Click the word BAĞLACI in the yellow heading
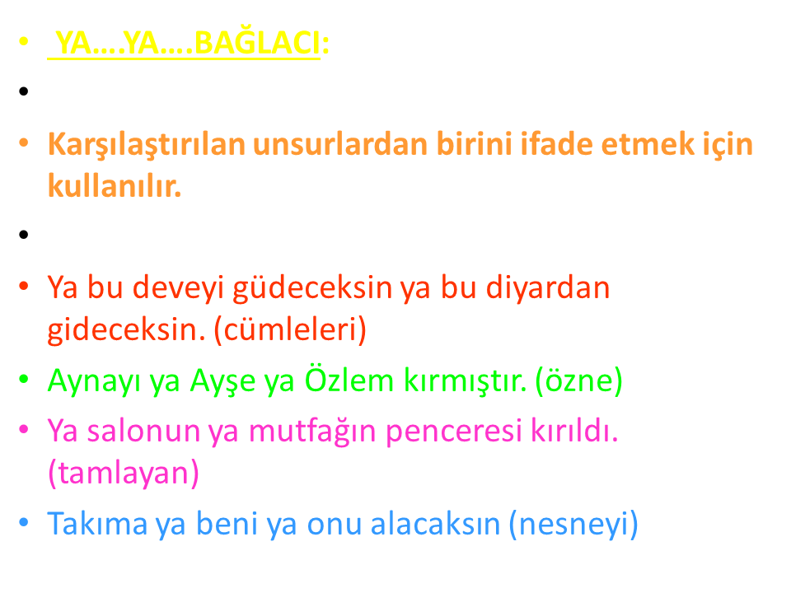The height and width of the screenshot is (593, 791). coord(257,43)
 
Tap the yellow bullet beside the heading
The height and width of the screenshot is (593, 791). coord(24,41)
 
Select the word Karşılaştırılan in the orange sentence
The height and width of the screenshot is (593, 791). coord(147,145)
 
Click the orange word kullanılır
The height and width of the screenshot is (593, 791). coord(115,185)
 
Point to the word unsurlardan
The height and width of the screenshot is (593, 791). coord(340,144)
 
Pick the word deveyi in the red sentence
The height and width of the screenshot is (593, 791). coord(178,289)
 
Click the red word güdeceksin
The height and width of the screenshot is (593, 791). coord(312,289)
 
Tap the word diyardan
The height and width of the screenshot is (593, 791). coord(547,288)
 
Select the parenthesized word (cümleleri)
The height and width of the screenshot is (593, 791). coord(290,330)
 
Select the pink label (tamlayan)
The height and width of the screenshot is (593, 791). coord(124,474)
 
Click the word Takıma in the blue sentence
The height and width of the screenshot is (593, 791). coord(97,524)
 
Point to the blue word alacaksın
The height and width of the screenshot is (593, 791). coord(435,524)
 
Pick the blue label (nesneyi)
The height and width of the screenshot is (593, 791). coord(573,525)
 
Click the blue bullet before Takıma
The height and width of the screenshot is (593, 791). coord(24,522)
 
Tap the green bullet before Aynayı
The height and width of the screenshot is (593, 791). coord(24,379)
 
